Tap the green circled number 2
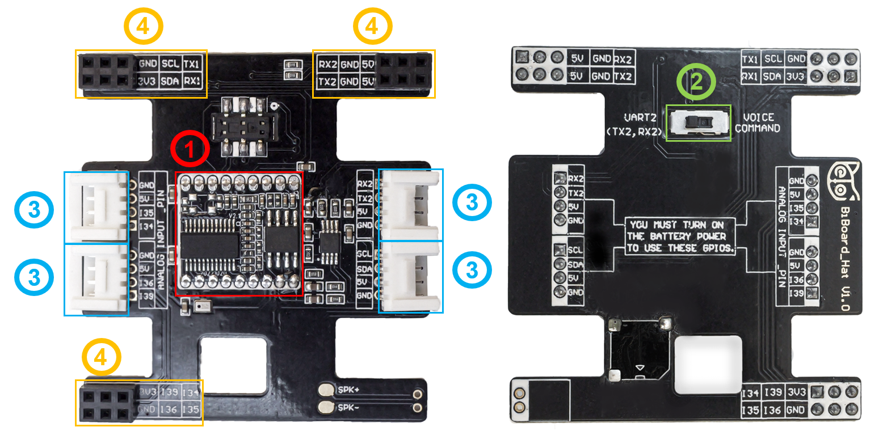coord(696,83)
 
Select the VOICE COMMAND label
coord(758,123)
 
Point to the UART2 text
coord(640,118)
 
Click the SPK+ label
coord(348,390)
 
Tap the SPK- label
coord(348,408)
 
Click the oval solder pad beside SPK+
coord(326,390)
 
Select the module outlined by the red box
coord(238,234)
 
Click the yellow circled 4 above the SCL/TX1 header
coord(144,26)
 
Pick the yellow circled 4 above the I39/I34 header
coord(101,357)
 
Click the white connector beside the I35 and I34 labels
coord(96,207)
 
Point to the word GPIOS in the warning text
coord(720,248)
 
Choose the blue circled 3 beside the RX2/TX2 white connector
coord(472,202)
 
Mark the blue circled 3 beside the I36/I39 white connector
coord(34,277)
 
